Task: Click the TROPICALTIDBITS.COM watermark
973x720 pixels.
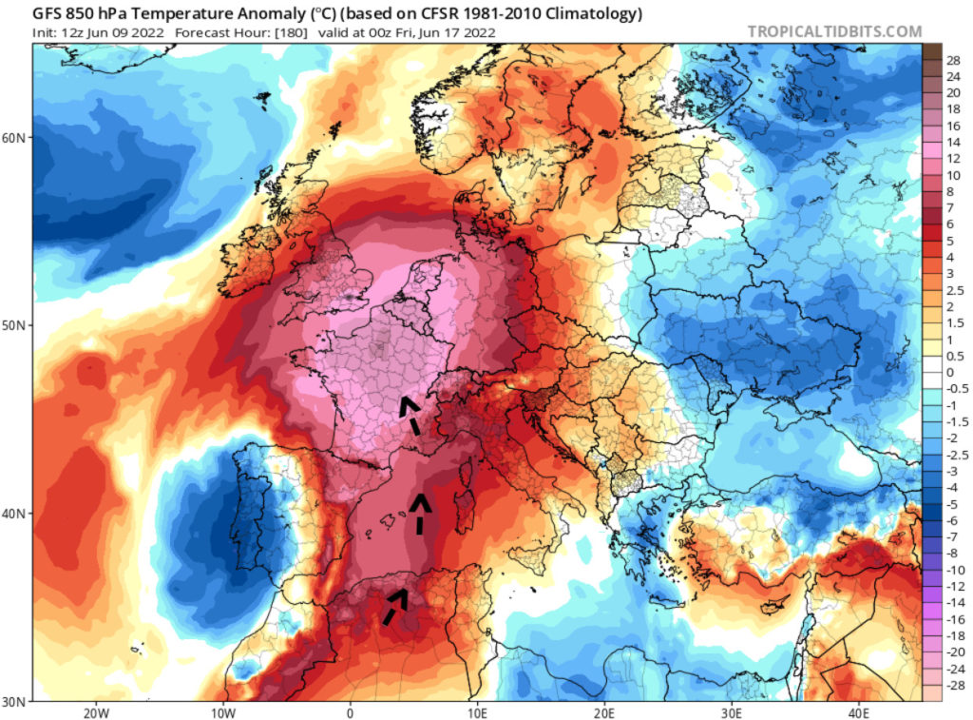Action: [x=834, y=31]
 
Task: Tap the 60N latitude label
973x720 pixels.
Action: [x=14, y=137]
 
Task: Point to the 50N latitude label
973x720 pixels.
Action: [x=14, y=325]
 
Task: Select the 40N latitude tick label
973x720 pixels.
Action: [x=14, y=514]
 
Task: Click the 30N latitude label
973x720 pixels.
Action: [x=14, y=701]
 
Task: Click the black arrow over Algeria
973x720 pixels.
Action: [x=395, y=605]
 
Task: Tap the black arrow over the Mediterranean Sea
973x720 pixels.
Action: [x=419, y=512]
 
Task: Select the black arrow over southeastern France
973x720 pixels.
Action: [x=410, y=416]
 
